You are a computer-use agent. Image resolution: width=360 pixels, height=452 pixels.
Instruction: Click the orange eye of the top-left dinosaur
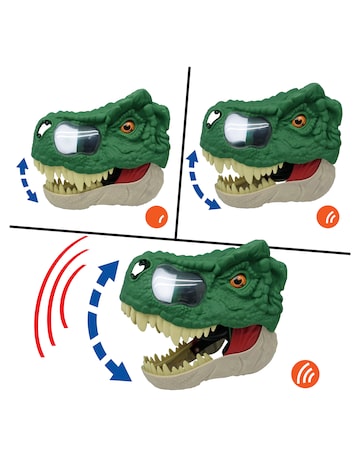point(127,126)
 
